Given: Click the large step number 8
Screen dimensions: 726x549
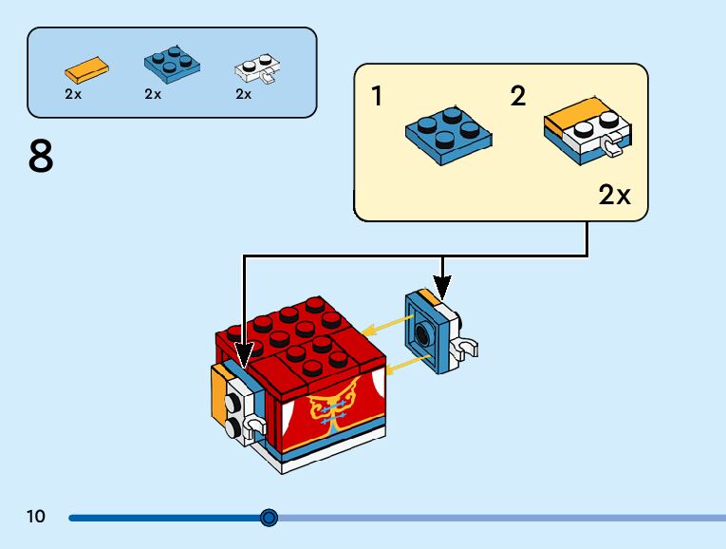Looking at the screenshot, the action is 41,157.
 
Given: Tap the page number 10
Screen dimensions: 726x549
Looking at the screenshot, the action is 36,517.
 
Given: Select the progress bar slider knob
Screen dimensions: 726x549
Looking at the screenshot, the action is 269,518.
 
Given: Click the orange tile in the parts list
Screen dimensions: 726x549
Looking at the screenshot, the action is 87,69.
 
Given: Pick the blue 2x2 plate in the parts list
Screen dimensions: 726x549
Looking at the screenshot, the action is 172,64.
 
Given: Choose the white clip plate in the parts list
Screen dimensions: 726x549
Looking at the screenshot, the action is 257,68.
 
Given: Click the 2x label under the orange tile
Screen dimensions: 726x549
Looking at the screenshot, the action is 73,94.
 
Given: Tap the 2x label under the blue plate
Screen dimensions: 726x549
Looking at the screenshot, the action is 153,94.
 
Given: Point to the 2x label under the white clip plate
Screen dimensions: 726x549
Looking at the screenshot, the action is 244,94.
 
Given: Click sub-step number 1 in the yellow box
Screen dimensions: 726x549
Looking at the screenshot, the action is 378,96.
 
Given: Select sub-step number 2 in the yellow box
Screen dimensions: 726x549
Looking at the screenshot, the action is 518,96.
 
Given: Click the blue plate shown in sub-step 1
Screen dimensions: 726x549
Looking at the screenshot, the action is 449,136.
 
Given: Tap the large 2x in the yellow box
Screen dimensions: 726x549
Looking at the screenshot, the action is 614,195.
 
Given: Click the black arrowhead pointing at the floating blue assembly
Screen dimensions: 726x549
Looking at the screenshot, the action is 442,287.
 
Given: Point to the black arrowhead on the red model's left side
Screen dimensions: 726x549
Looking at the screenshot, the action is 244,355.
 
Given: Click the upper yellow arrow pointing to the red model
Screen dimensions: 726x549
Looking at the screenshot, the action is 387,325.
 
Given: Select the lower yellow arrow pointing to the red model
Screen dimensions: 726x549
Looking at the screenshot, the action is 408,365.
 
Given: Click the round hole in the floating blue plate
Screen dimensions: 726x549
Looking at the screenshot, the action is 422,333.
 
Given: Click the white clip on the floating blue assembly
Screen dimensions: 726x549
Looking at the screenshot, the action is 465,348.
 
